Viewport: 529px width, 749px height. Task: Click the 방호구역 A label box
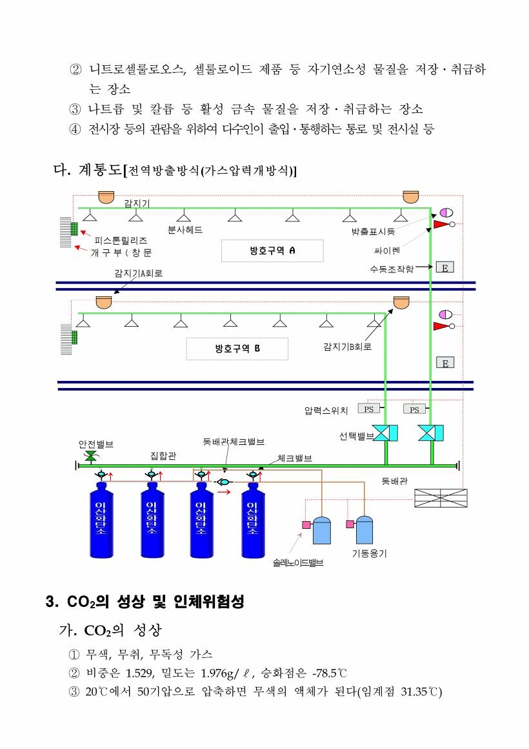(272, 251)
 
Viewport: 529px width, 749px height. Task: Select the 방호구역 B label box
(237, 349)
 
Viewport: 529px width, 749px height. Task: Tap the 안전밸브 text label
(96, 444)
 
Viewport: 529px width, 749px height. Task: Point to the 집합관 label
(163, 456)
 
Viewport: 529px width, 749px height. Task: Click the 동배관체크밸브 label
(234, 442)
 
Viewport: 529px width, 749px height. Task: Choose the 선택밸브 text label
(357, 436)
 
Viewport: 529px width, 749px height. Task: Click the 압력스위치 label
(326, 410)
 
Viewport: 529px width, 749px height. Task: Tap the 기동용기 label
(369, 553)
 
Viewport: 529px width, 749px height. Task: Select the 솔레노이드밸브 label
(298, 562)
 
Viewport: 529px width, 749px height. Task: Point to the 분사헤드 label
(185, 230)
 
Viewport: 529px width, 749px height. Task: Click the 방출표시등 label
(373, 232)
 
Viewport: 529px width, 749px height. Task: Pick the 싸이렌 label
(386, 251)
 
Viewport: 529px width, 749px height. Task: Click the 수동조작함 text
(392, 269)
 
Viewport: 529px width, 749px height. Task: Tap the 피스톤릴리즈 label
(120, 240)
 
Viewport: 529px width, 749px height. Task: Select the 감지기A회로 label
(139, 273)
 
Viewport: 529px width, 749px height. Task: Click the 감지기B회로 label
(348, 347)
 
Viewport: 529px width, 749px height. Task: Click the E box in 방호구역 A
(445, 267)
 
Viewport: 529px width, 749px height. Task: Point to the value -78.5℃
(330, 673)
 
